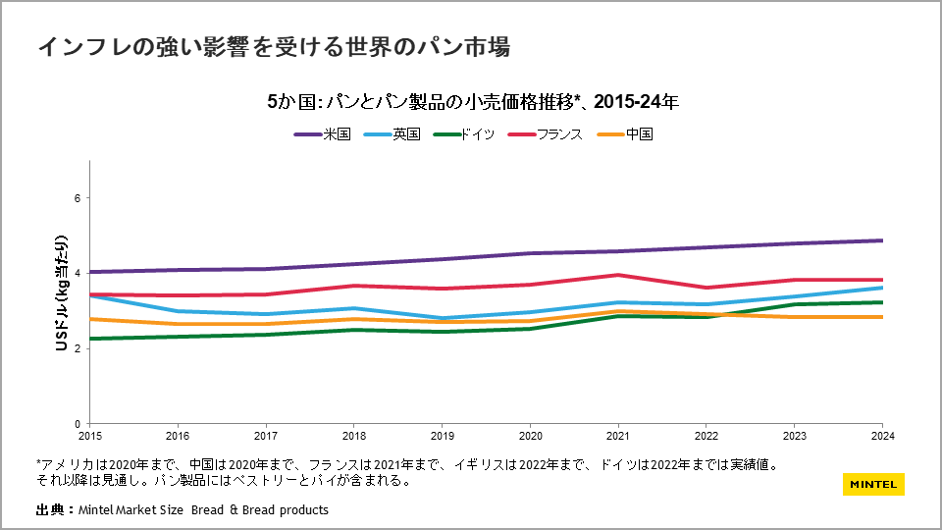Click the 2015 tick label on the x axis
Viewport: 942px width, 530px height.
click(89, 434)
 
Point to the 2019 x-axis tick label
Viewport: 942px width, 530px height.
click(442, 434)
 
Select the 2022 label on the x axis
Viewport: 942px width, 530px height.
click(706, 434)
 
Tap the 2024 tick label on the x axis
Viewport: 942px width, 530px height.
click(882, 434)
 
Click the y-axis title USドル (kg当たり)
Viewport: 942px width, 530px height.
click(61, 292)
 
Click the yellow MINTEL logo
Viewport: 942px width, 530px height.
click(873, 484)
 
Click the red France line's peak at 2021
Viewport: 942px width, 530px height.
click(618, 275)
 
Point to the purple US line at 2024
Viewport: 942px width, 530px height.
click(882, 240)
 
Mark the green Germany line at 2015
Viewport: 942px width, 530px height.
click(90, 339)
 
